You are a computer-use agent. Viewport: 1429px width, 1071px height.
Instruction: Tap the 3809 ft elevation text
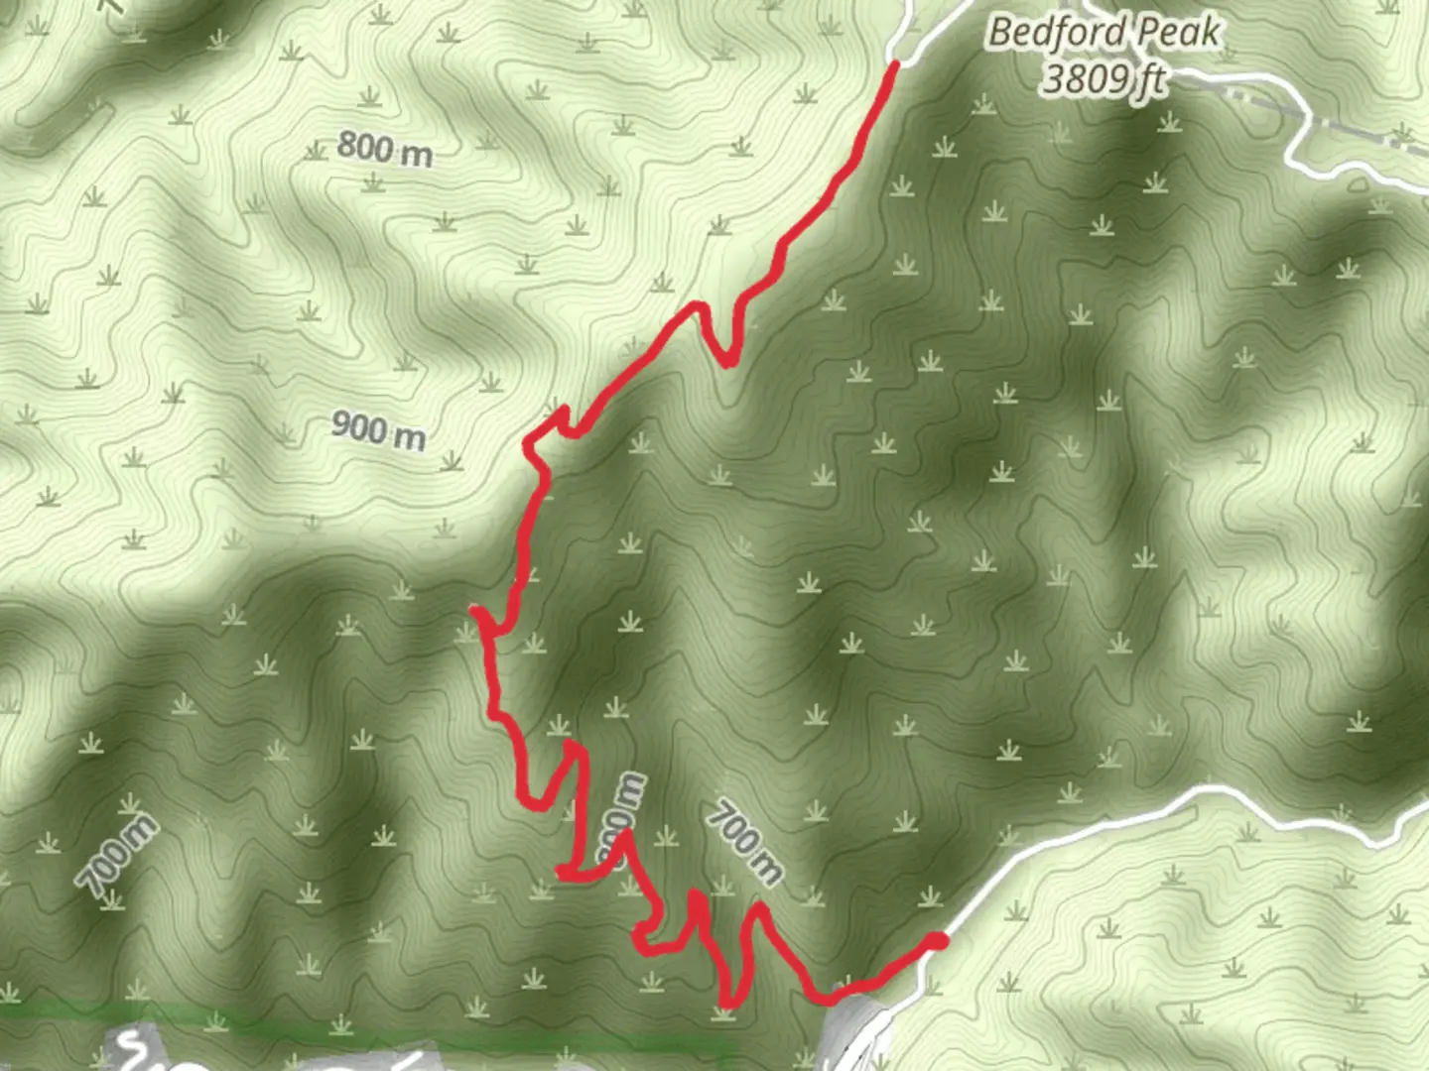click(x=1104, y=77)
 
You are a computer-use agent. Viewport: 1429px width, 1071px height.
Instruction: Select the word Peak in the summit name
click(x=1178, y=33)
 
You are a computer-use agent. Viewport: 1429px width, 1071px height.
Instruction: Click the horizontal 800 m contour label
click(x=384, y=149)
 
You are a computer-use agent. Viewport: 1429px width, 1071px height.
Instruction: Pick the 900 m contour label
click(x=378, y=429)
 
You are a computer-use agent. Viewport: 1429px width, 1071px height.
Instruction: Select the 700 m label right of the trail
click(x=744, y=842)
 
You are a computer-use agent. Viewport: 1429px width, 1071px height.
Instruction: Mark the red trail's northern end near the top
click(x=894, y=65)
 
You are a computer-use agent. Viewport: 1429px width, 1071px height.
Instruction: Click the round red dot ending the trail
click(x=935, y=940)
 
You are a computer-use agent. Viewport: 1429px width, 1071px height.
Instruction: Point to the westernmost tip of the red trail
click(x=474, y=610)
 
